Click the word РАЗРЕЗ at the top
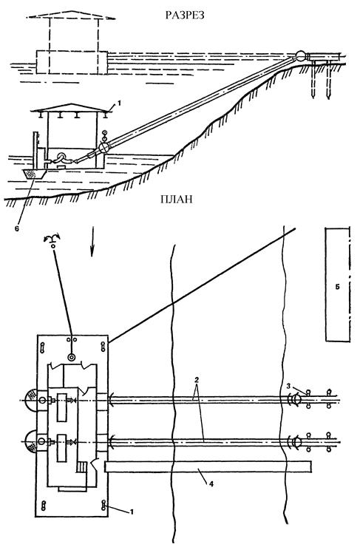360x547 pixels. point(185,16)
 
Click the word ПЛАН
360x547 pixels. point(177,200)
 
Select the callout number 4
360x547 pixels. point(211,484)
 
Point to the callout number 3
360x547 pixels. point(288,386)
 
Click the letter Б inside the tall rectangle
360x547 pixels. point(337,287)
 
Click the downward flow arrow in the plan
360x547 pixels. point(92,242)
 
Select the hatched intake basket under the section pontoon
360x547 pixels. point(34,174)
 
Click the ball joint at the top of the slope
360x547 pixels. point(300,56)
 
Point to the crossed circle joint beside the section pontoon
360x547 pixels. point(103,147)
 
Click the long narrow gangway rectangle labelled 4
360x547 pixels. point(208,466)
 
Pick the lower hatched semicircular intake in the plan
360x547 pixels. point(31,441)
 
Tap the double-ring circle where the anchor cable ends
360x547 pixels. point(72,357)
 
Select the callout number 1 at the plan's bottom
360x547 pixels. point(132,512)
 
